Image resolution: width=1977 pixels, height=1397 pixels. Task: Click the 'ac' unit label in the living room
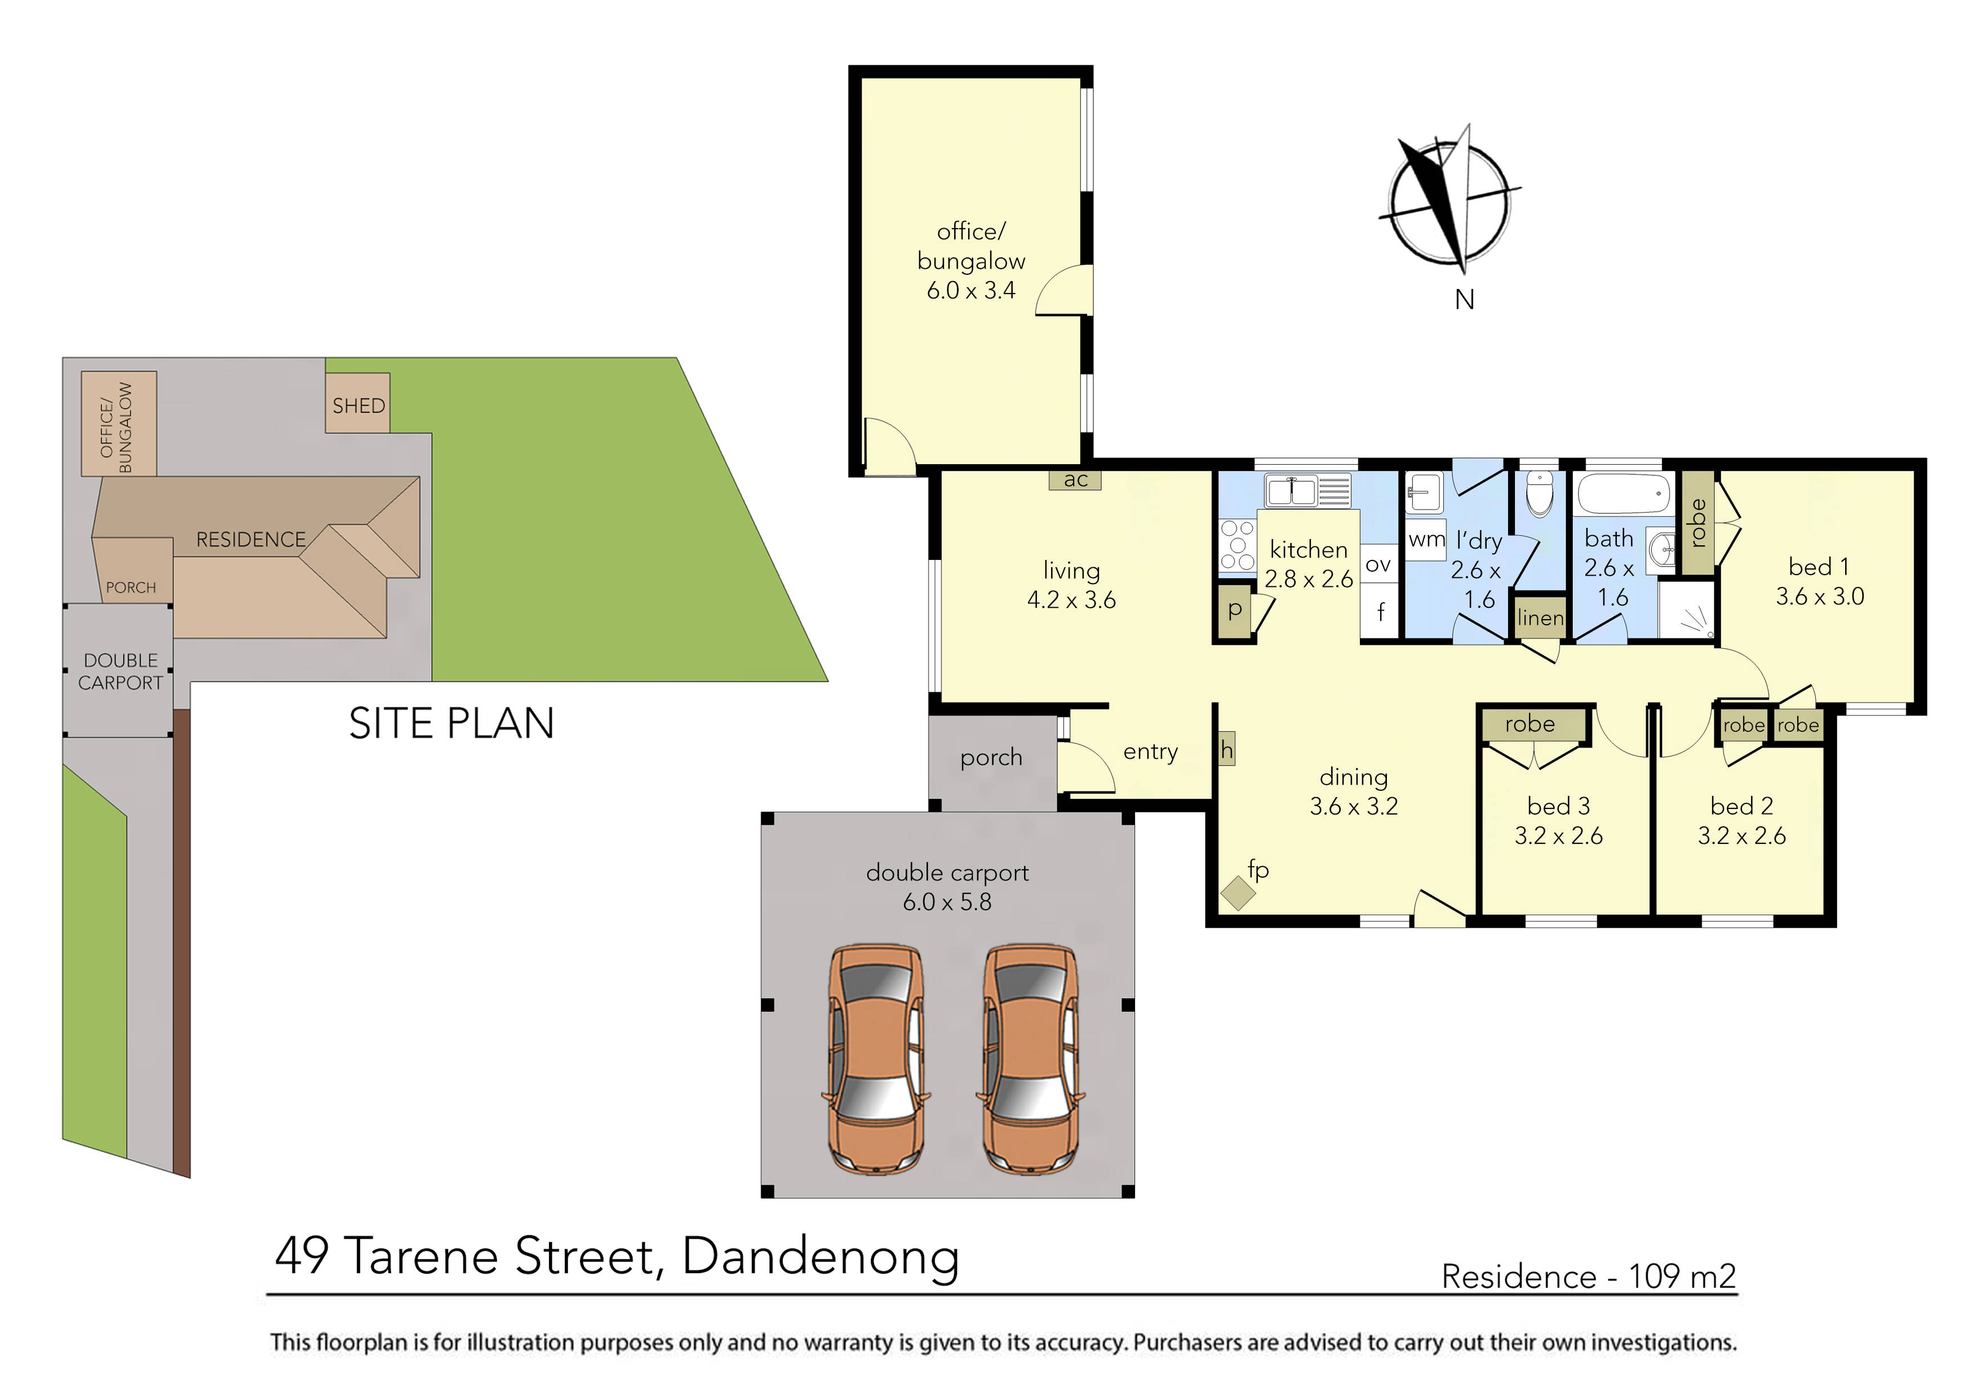coord(1075,481)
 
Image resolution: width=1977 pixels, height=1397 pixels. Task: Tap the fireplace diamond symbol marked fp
coord(1238,893)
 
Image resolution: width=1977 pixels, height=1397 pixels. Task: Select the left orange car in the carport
coord(876,1061)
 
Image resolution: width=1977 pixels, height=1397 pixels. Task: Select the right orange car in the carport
coord(1031,1061)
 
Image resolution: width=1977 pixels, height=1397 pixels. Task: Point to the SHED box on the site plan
coord(358,404)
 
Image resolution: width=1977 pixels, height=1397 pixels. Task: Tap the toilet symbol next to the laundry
coord(1540,492)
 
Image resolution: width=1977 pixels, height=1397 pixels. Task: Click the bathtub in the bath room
coord(1623,495)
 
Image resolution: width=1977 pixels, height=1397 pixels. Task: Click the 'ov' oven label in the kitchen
coord(1378,564)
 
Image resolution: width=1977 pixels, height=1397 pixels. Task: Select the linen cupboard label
coord(1540,618)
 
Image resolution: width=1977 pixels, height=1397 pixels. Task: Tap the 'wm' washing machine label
coord(1426,540)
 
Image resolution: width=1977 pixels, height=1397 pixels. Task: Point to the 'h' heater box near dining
coord(1226,750)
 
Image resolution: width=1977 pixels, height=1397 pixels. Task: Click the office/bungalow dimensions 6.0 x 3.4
coord(970,291)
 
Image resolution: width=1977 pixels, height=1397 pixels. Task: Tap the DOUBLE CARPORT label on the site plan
coord(121,671)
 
